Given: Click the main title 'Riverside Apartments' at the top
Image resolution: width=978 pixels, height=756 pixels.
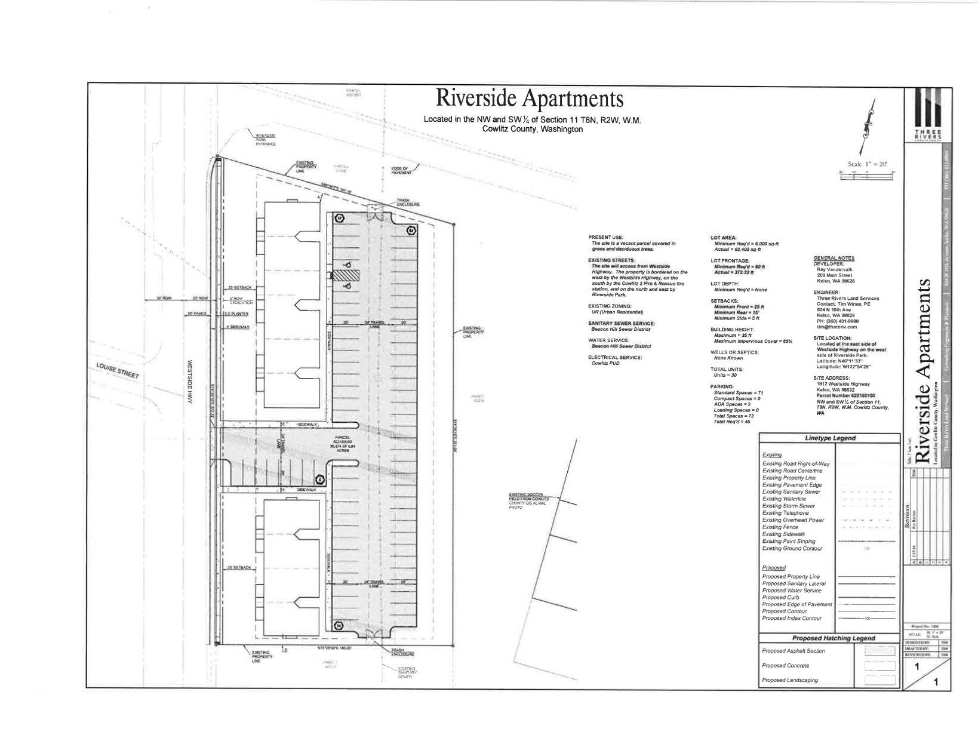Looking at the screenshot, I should [530, 99].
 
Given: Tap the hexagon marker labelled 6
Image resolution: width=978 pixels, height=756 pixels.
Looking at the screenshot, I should [319, 479].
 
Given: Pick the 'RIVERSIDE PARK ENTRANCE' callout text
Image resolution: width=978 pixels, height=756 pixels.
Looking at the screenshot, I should [265, 140].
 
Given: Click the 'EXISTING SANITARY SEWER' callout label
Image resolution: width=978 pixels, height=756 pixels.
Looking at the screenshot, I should [407, 673].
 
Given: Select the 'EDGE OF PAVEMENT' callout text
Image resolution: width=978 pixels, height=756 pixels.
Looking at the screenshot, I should [399, 170].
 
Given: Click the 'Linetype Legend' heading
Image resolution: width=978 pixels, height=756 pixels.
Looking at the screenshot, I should [829, 438].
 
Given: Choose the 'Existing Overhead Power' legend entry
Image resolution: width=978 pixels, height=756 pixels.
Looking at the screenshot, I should [793, 520].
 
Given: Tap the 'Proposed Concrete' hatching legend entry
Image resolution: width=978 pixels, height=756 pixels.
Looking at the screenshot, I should [786, 665].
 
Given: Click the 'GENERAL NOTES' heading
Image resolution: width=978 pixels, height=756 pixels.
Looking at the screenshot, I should [834, 258].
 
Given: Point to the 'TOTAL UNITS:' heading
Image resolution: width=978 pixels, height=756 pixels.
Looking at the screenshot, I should [727, 369].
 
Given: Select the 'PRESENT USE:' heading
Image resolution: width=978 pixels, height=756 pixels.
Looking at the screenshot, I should [605, 237].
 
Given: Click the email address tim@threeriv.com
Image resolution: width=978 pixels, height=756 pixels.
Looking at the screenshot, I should [836, 327].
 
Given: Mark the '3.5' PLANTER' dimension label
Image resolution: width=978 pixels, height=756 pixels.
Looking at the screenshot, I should [236, 314].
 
